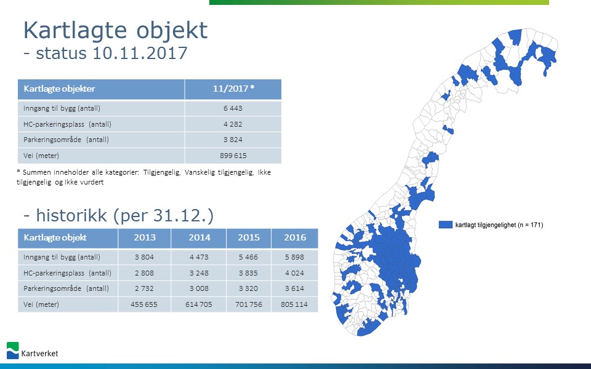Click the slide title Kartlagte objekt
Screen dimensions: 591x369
115,30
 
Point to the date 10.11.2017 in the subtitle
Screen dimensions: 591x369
140,53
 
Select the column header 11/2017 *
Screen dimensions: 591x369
233,89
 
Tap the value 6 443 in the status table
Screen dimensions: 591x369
233,108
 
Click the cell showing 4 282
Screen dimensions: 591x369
233,124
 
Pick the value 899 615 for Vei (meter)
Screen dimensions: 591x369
233,156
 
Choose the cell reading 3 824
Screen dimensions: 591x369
233,140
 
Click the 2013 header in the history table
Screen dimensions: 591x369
145,237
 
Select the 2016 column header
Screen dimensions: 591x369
295,237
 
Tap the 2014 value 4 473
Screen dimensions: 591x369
199,257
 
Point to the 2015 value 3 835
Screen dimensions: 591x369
248,273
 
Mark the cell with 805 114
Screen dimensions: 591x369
294,304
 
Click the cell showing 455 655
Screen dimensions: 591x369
144,304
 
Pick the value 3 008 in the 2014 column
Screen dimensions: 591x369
199,288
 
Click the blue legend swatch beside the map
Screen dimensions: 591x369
446,224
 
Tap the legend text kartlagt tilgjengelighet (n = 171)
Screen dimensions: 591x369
499,225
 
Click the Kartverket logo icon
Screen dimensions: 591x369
12,351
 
